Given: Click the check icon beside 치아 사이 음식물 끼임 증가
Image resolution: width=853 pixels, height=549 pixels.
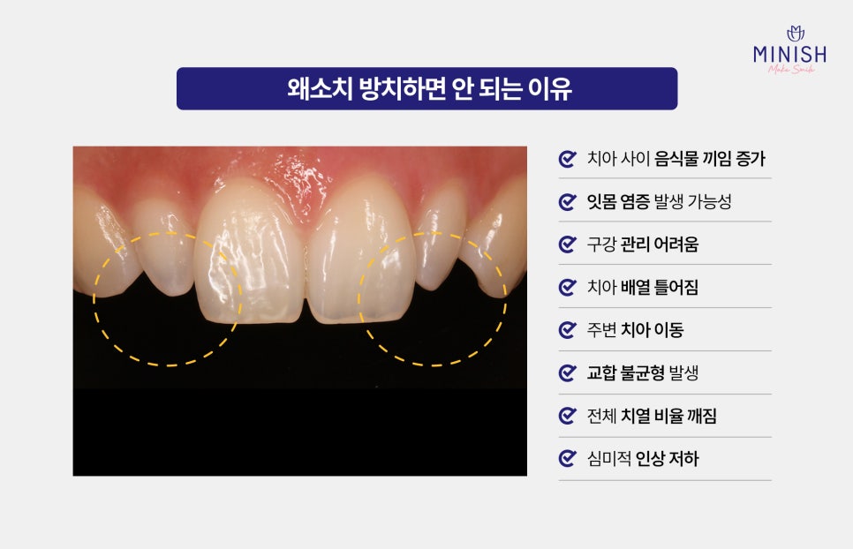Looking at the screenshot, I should coord(568,159).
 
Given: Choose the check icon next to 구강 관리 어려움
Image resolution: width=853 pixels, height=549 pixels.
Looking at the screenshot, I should coord(568,244).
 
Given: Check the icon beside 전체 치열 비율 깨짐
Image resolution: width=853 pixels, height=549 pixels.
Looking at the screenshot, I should coord(568,417).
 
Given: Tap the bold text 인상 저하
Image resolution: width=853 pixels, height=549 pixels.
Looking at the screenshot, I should coord(667,459).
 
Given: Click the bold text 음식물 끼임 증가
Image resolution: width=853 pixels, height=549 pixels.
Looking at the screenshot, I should coord(709,159).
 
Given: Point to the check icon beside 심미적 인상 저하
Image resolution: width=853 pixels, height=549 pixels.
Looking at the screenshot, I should coord(568,459).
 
